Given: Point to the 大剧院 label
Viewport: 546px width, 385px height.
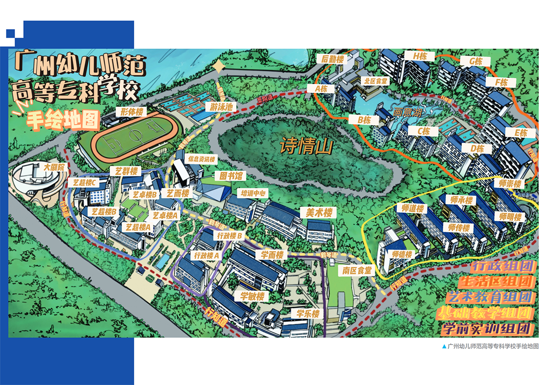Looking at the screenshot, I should point(55,168).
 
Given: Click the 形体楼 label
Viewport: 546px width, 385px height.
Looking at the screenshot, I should point(129,111).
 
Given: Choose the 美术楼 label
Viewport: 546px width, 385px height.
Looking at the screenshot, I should point(318,212).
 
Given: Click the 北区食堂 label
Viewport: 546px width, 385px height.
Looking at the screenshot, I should point(375,81).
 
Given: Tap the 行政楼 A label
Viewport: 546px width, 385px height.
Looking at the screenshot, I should point(207,255).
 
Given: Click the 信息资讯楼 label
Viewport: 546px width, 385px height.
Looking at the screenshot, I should point(202,160).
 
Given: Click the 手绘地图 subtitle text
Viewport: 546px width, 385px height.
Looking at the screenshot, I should point(63,120).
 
